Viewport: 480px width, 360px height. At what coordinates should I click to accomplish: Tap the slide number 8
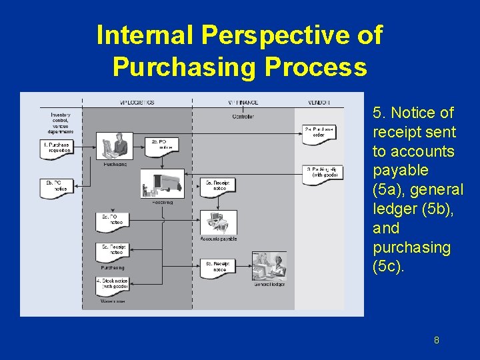click(437, 341)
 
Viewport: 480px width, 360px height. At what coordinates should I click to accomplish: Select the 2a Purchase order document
click(319, 131)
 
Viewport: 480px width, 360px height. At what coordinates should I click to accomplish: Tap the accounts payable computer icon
click(219, 223)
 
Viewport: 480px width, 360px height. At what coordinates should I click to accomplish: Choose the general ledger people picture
click(269, 267)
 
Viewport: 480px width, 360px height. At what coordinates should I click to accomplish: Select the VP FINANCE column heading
click(243, 102)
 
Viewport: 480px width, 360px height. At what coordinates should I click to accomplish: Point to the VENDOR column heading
click(319, 102)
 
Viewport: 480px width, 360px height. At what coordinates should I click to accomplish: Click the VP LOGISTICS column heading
click(137, 102)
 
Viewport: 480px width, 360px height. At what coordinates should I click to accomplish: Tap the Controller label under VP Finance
click(243, 117)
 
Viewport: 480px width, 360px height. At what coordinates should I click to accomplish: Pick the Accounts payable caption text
click(219, 239)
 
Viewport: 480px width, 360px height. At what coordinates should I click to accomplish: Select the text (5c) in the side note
click(389, 266)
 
